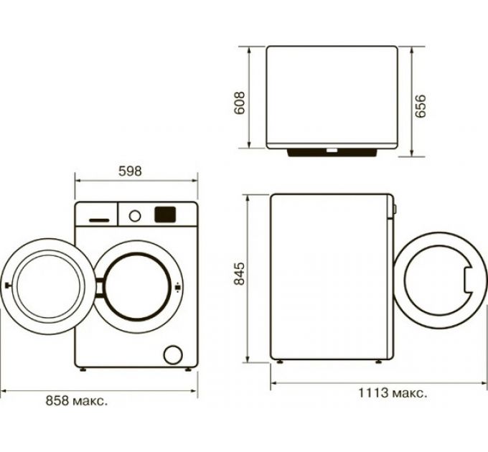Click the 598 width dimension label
click(131, 171)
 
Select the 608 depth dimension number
click(241, 103)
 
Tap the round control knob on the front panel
click(134, 214)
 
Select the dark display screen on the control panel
click(165, 213)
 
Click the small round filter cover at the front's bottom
click(172, 354)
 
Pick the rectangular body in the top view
click(332, 97)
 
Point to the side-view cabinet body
click(330, 276)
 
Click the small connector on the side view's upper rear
click(395, 209)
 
